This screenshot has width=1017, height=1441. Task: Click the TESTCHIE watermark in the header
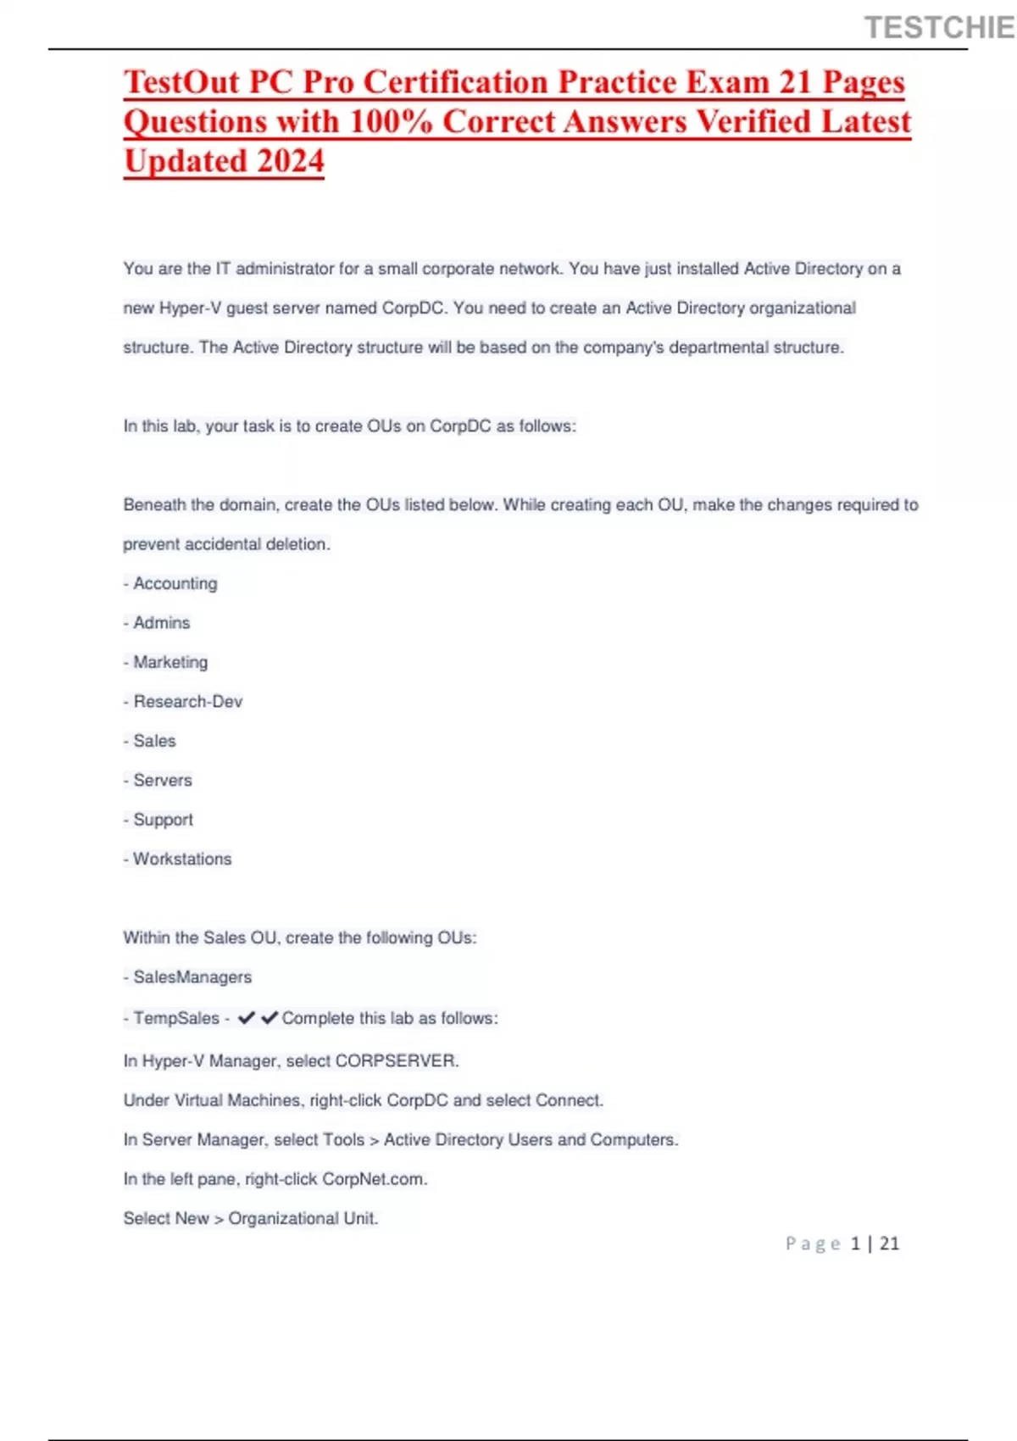tap(939, 28)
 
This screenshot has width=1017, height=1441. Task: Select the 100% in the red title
tap(391, 121)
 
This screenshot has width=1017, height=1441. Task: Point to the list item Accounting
tap(175, 583)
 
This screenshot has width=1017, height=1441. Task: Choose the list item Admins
tap(161, 623)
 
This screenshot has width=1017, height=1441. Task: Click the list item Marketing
tap(169, 662)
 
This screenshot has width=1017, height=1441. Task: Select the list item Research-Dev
tap(187, 702)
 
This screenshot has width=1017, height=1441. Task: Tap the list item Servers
tap(162, 781)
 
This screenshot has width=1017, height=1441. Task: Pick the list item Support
tap(163, 820)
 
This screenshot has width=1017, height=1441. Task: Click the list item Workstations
tap(181, 859)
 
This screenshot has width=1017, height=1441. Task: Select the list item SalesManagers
tap(192, 977)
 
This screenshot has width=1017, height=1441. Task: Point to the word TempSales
tap(175, 1018)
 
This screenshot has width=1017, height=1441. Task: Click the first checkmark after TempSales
tap(247, 1017)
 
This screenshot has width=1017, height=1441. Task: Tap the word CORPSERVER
tap(396, 1061)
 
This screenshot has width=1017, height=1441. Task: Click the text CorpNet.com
tap(374, 1179)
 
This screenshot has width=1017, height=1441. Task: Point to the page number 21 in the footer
tap(889, 1243)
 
